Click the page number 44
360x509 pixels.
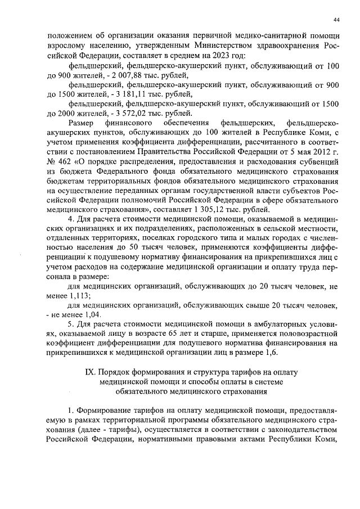(x=336, y=20)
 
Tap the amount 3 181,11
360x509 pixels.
(x=127, y=94)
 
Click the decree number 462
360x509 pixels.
(x=70, y=162)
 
